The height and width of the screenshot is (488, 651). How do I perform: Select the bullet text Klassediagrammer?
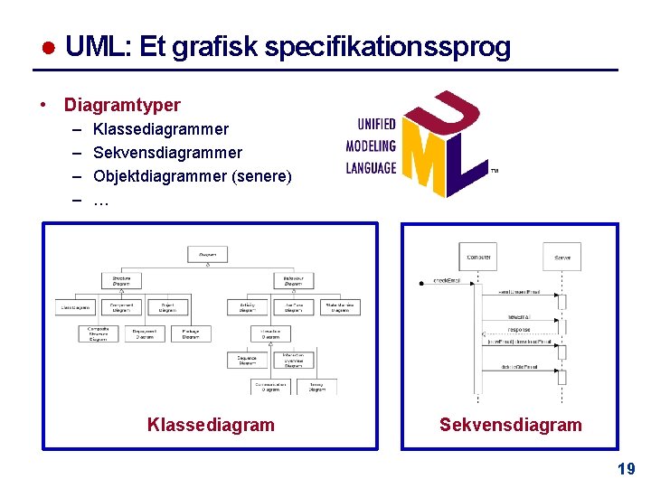161,129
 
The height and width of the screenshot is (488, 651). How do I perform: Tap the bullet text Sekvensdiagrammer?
168,153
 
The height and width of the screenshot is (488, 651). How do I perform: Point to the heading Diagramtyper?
122,105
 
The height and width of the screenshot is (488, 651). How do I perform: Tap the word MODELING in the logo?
371,145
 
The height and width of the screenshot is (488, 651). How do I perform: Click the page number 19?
626,468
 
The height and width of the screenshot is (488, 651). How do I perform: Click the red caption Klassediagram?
211,425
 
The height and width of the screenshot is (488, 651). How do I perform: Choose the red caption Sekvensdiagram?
511,425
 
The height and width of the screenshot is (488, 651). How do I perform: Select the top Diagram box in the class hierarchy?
207,255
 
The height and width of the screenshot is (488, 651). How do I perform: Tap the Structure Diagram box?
121,281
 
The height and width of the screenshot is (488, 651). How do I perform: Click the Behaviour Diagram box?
293,281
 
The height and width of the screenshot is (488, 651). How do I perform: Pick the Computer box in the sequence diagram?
478,258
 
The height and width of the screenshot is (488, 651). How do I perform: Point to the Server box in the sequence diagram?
561,258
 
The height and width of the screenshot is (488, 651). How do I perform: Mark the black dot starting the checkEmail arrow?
421,283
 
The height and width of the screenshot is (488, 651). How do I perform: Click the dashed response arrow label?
519,330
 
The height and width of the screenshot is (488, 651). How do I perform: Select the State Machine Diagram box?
340,307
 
